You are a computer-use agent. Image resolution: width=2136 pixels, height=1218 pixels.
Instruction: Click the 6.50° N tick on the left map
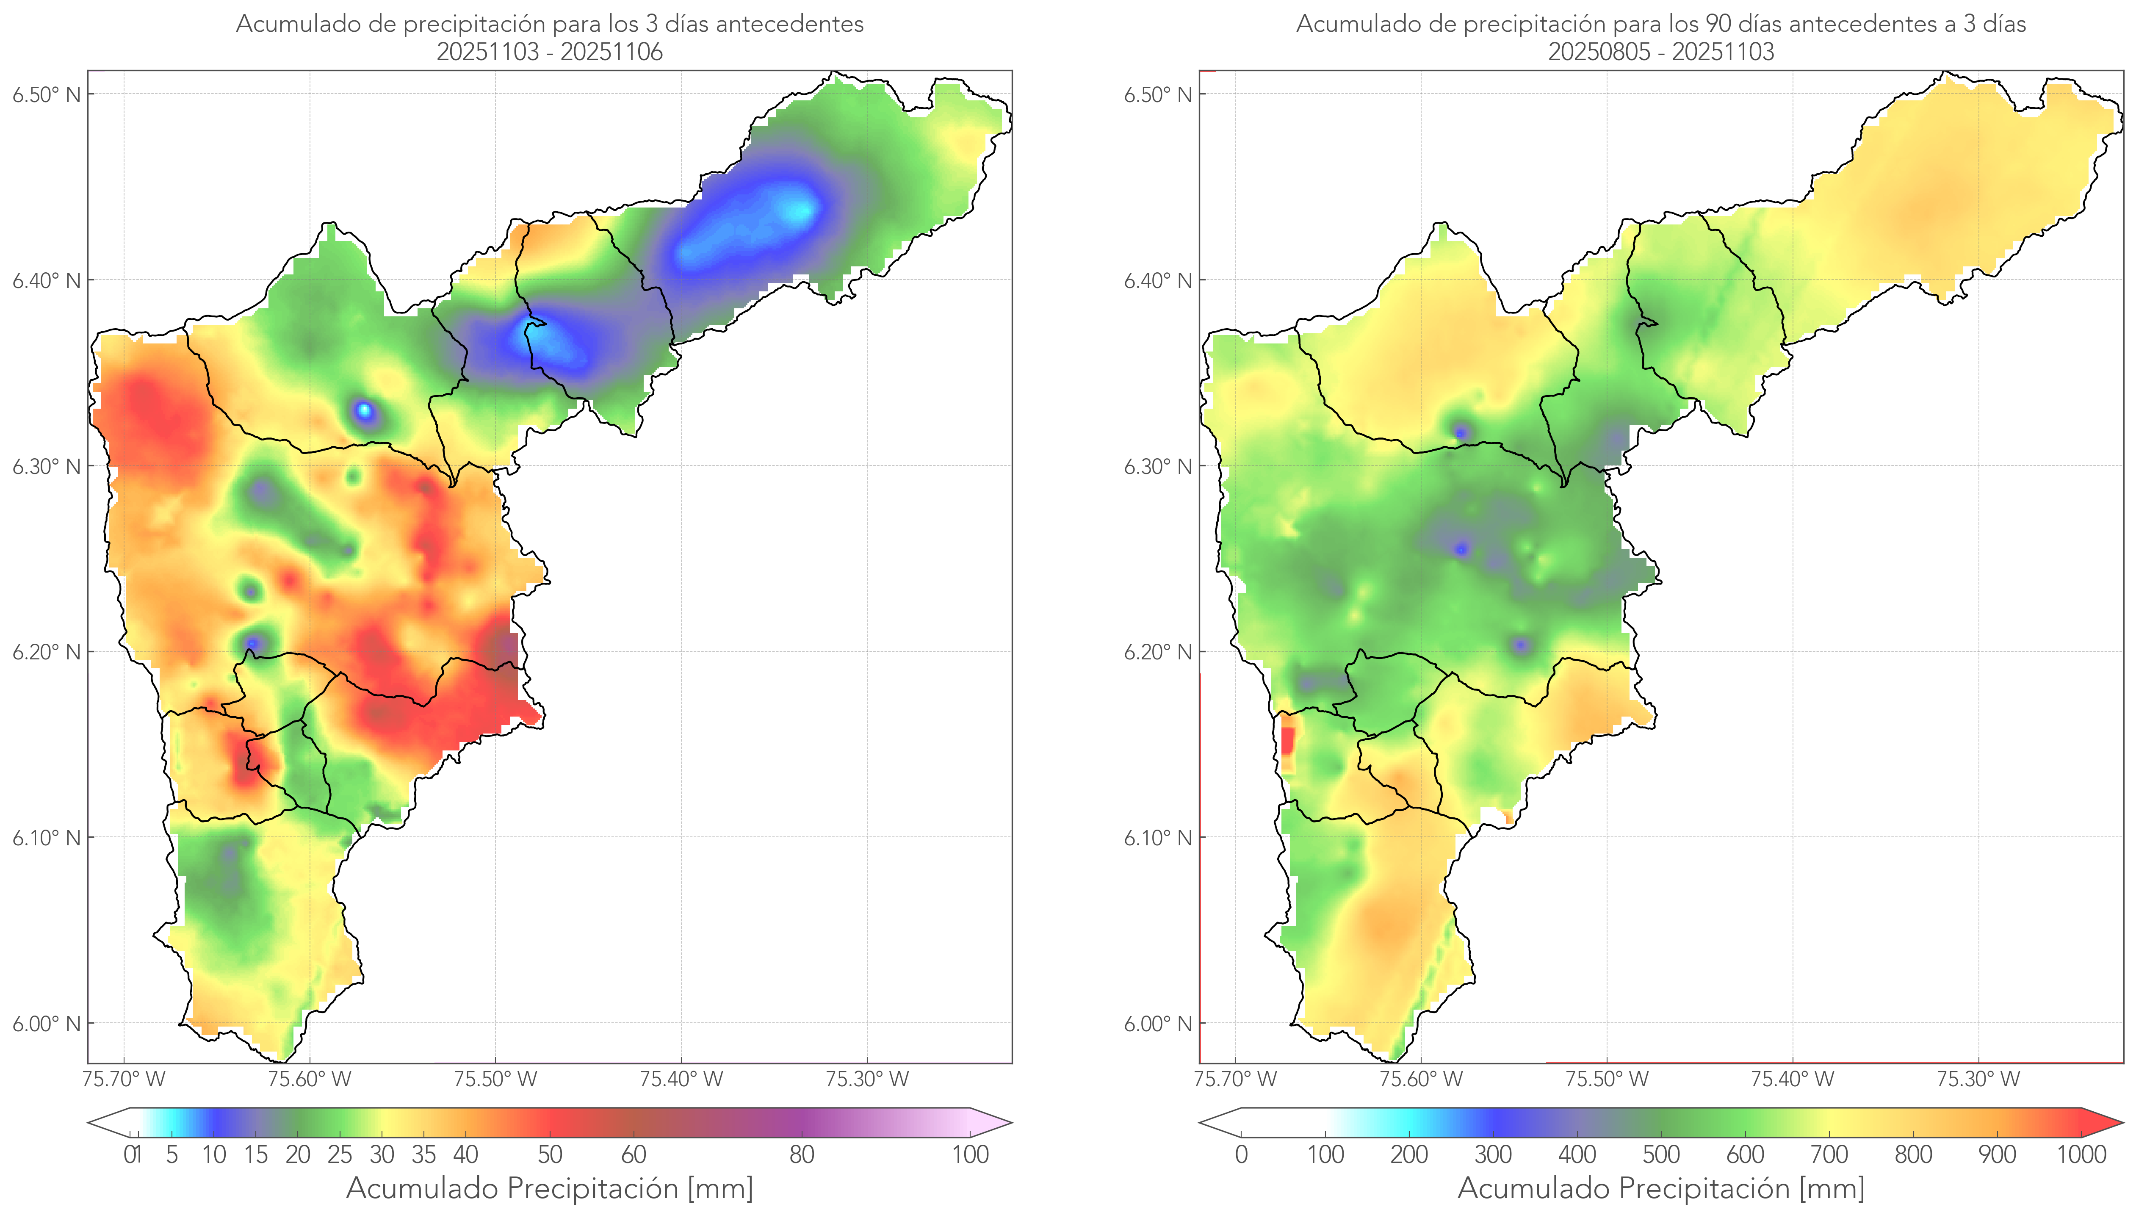click(x=46, y=94)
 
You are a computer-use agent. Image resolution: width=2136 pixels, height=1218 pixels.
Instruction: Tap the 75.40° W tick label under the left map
click(x=681, y=1079)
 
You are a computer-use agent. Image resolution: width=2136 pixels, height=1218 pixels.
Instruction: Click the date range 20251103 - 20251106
click(x=550, y=52)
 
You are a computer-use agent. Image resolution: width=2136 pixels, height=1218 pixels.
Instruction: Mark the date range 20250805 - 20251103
click(x=1661, y=52)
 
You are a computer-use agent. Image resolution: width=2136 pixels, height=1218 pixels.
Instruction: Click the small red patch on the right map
click(x=1287, y=740)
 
